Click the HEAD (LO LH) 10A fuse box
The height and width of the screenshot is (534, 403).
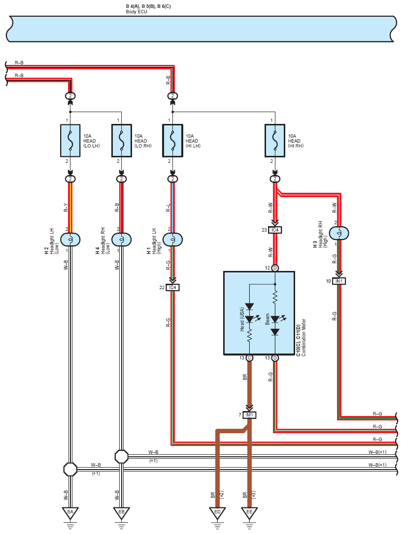coord(70,140)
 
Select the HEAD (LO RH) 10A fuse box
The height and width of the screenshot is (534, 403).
coord(122,140)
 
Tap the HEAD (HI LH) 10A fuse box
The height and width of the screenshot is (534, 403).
coord(172,140)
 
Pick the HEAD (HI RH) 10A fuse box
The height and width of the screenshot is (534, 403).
coord(275,140)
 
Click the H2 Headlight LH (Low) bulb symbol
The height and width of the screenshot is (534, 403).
coord(70,240)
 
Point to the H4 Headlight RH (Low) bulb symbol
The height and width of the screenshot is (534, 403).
coord(122,240)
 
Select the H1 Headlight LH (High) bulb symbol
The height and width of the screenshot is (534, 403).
coord(172,240)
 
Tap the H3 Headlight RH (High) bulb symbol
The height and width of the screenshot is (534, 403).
coord(339,233)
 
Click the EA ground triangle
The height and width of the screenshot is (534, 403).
coord(70,513)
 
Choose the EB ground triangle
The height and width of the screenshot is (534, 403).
coord(122,513)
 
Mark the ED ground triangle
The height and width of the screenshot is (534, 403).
coord(217,513)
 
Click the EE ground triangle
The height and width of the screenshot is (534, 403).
coord(249,513)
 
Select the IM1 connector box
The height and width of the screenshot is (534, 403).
coord(249,415)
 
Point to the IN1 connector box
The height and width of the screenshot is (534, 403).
coord(339,281)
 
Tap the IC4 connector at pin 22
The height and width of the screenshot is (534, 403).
coord(172,288)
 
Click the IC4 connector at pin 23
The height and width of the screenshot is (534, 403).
coord(275,230)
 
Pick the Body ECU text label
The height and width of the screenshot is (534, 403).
coord(136,12)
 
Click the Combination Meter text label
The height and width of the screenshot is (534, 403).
coord(303,337)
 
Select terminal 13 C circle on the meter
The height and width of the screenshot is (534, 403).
coord(249,358)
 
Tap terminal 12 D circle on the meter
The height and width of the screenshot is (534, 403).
coord(275,268)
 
